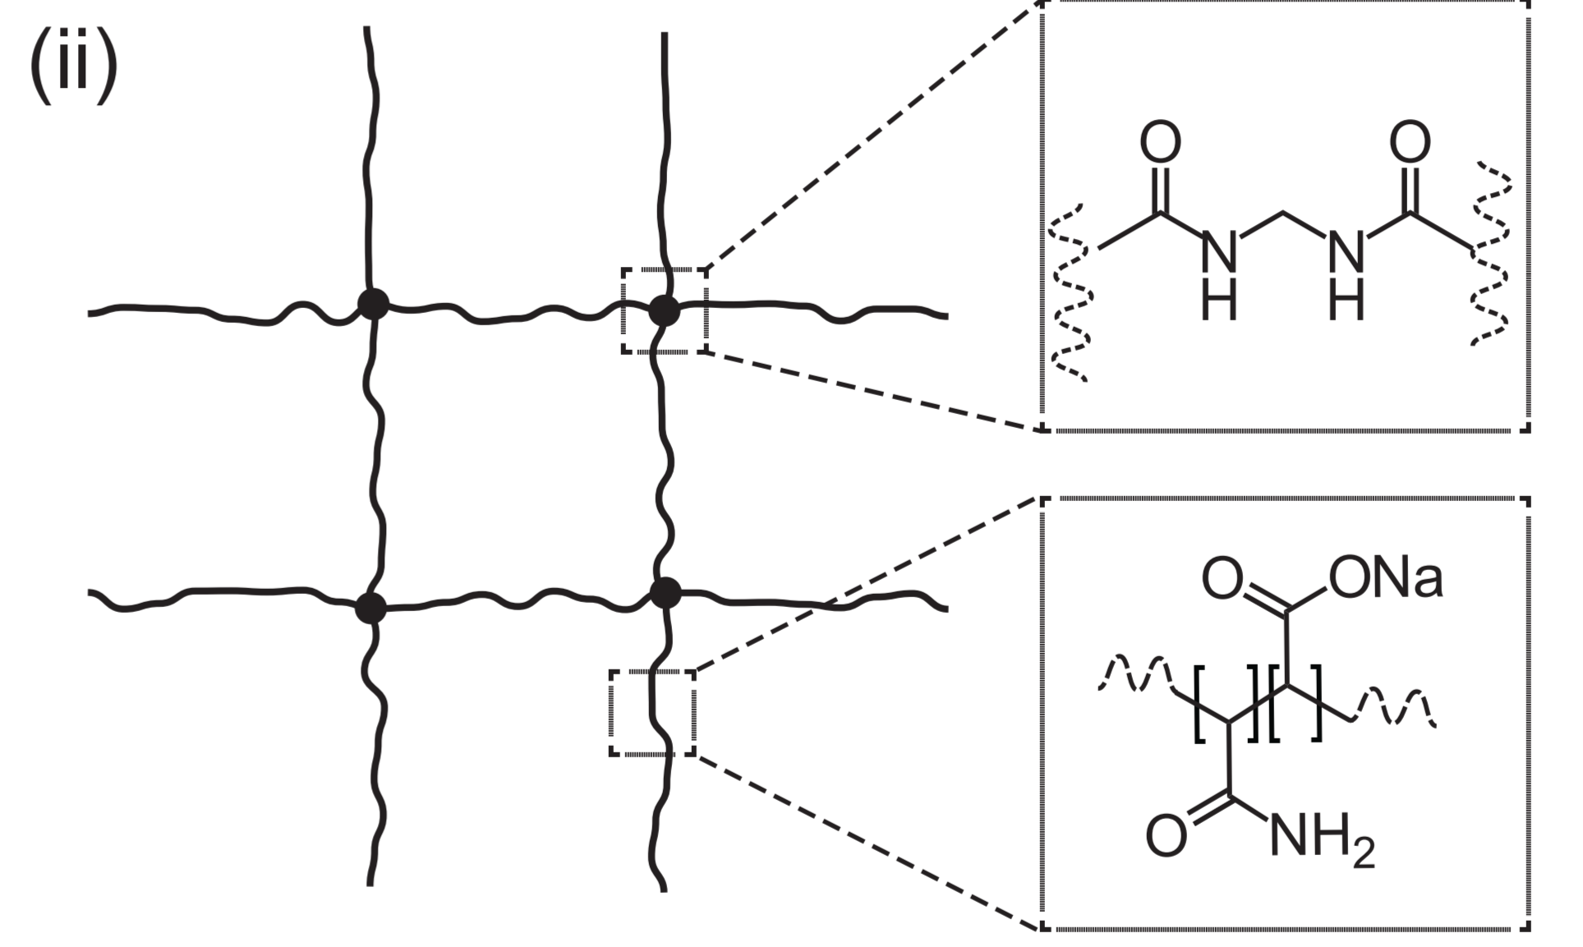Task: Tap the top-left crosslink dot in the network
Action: (x=373, y=304)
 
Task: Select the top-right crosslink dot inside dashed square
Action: (x=665, y=311)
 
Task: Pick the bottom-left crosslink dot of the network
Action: (x=370, y=609)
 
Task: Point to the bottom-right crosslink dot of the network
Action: (x=665, y=593)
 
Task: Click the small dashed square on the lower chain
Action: (x=652, y=713)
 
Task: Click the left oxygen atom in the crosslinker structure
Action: (x=1160, y=142)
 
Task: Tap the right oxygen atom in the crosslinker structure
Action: (x=1410, y=142)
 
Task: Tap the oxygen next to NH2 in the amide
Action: (x=1167, y=836)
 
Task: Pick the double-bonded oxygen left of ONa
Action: (x=1222, y=578)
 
